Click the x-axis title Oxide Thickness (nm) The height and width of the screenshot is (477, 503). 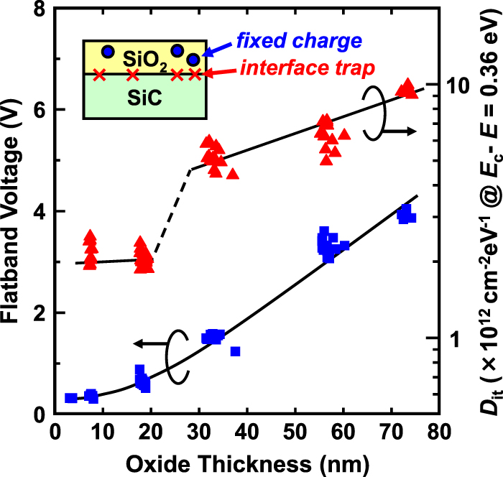click(x=247, y=460)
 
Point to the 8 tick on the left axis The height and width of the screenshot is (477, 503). click(x=42, y=9)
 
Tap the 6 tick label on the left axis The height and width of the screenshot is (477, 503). click(x=42, y=110)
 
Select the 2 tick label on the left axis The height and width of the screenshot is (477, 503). click(x=42, y=313)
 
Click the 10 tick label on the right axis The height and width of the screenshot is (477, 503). click(x=456, y=85)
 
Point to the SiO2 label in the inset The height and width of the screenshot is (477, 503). click(x=145, y=57)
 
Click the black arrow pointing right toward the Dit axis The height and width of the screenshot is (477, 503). click(x=402, y=131)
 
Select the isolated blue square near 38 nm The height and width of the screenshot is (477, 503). click(x=235, y=351)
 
